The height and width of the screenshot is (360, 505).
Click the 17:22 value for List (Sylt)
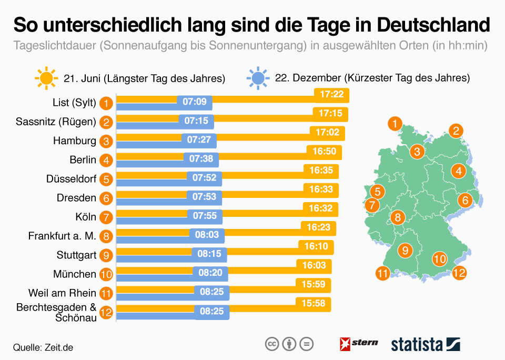tap(331, 94)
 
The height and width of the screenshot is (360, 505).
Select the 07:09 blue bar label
tap(195, 102)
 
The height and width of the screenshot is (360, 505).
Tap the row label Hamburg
tap(75, 141)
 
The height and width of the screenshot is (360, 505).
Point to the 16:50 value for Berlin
tap(324, 152)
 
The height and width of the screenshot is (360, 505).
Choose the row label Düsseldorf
tap(71, 179)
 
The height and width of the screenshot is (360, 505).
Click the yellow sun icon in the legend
tap(46, 78)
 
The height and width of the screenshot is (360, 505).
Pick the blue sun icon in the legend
tap(258, 78)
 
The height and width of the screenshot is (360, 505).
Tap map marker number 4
tap(459, 171)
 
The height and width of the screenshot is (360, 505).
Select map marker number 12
tap(459, 273)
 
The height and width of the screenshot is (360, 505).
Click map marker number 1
tap(394, 124)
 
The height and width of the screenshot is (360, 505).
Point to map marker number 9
tap(405, 250)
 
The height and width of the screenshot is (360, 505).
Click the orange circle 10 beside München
tap(106, 274)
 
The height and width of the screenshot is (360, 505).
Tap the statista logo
tap(425, 344)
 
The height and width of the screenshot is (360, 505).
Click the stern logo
tap(359, 343)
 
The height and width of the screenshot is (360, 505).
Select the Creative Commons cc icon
tap(271, 344)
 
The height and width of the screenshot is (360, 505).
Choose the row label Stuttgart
tap(76, 255)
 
